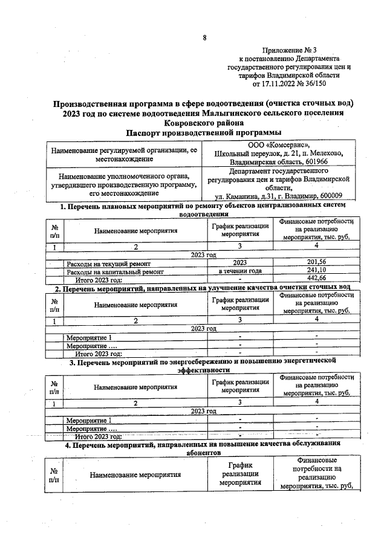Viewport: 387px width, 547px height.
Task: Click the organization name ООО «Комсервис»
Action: tap(279, 145)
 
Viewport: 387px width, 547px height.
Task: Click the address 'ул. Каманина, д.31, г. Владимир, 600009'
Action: tap(279, 196)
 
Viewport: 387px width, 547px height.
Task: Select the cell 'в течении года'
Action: tap(239, 270)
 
